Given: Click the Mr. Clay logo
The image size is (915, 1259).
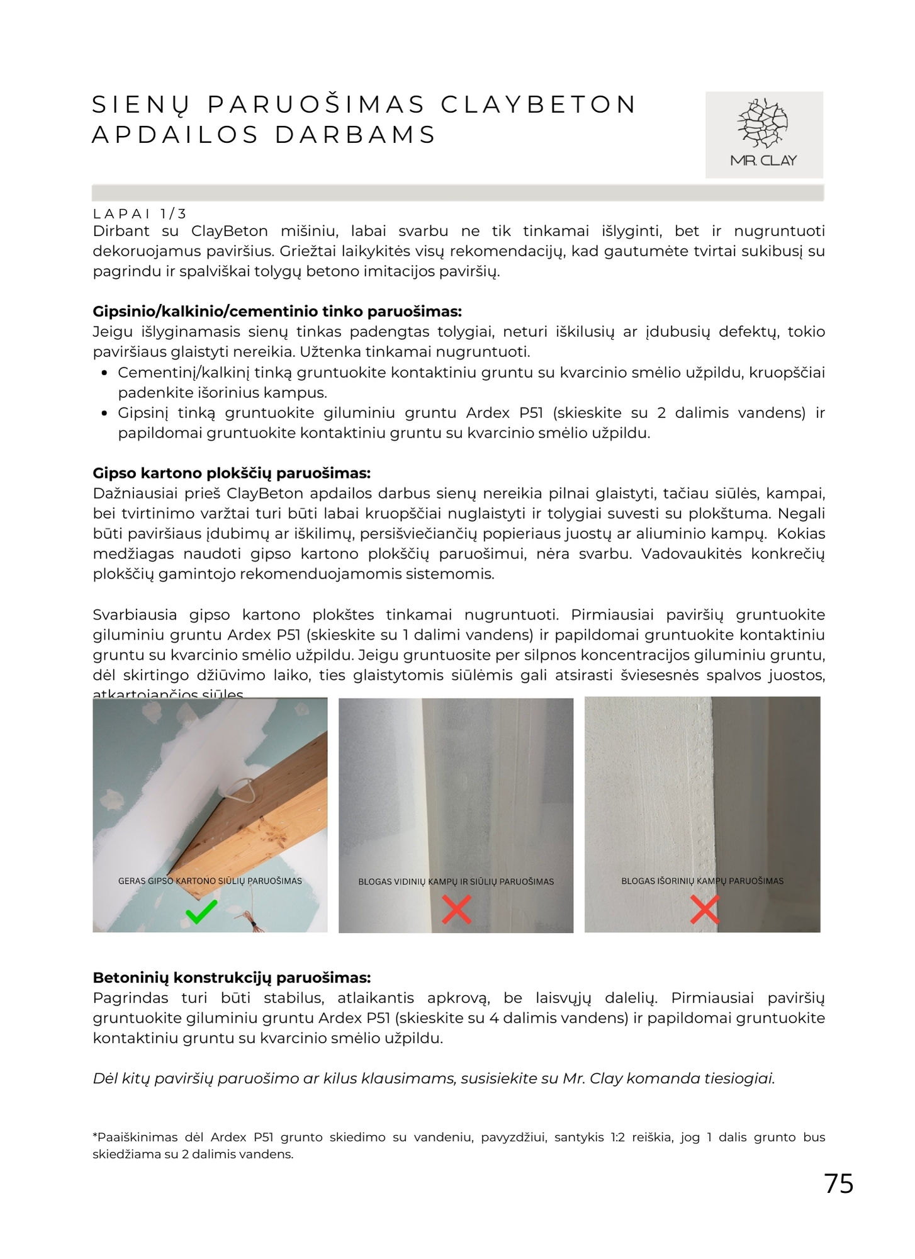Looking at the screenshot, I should click(763, 134).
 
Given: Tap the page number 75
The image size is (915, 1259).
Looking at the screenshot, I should click(839, 1184).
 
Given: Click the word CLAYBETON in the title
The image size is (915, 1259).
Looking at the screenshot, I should click(539, 104).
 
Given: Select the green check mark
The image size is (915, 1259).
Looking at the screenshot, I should click(201, 912).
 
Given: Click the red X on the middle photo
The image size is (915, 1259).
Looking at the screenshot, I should click(456, 910).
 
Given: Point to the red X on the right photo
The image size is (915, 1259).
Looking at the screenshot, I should click(704, 910).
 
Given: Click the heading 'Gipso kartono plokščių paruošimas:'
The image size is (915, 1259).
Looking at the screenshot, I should click(232, 473).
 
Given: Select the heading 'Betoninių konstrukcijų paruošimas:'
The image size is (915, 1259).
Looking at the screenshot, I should click(232, 978).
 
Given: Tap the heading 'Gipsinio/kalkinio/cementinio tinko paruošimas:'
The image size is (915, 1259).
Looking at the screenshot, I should click(277, 311).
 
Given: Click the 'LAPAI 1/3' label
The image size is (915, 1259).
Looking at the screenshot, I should click(140, 214).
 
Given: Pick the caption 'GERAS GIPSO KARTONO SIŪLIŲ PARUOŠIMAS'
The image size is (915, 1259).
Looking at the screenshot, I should click(210, 881).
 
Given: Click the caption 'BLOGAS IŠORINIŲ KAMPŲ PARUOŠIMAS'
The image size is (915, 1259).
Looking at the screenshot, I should click(702, 881).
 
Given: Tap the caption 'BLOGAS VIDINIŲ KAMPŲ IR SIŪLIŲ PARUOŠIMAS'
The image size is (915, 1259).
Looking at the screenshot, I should click(456, 881).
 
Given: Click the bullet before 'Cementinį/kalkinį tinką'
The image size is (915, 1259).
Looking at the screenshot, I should click(105, 373).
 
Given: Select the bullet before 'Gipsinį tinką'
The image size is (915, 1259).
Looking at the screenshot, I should click(105, 414).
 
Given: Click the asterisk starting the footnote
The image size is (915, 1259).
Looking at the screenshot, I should click(95, 1136).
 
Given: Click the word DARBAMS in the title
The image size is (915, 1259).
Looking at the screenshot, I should click(356, 135).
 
